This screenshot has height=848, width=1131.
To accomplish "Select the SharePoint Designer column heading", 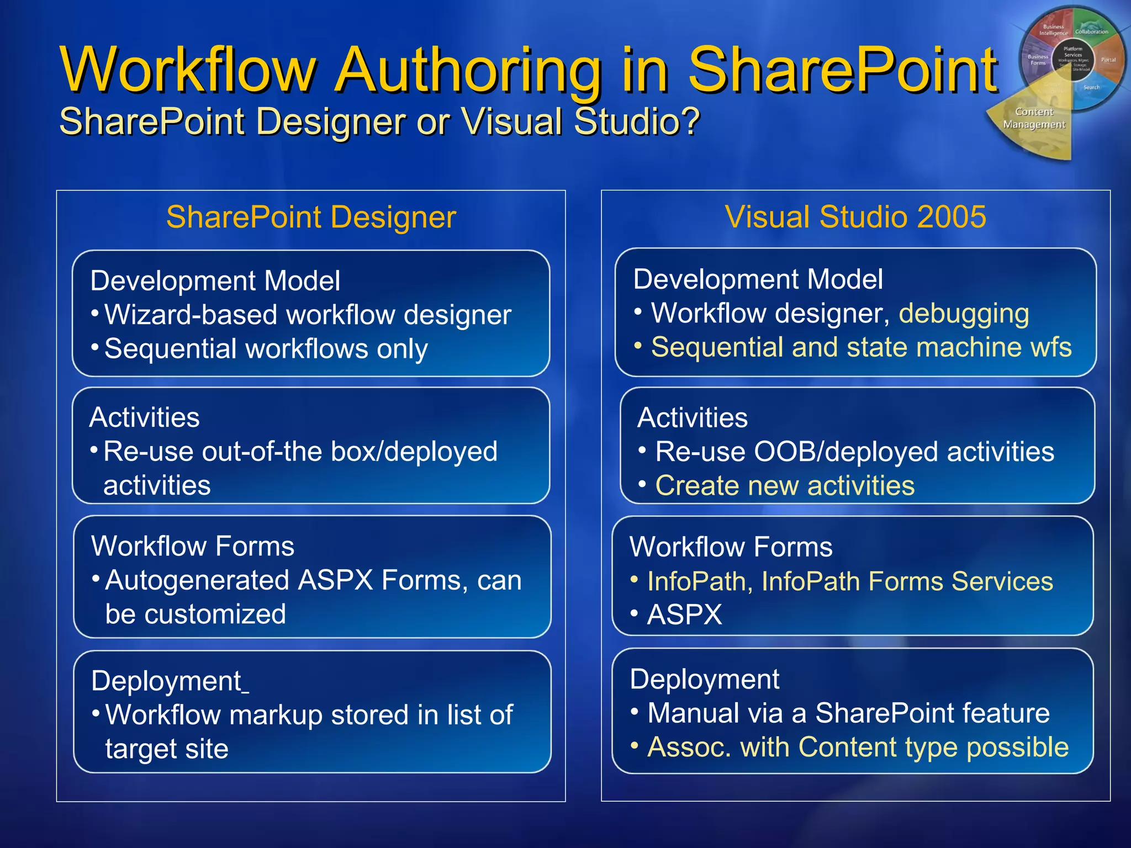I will click(x=311, y=217).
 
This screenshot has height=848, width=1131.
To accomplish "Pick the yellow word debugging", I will click(x=964, y=314).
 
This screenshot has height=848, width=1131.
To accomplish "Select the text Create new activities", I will click(x=784, y=486).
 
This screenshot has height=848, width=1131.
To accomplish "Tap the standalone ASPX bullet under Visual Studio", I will click(x=684, y=614).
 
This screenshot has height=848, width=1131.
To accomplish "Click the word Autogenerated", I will click(x=197, y=580).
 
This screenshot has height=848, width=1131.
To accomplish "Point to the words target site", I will click(x=167, y=749).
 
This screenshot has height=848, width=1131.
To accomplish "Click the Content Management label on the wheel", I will click(x=1034, y=118).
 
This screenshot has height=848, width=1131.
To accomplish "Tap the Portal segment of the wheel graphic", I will click(x=1108, y=60).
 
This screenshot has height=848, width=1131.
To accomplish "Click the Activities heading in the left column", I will click(x=145, y=417).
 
